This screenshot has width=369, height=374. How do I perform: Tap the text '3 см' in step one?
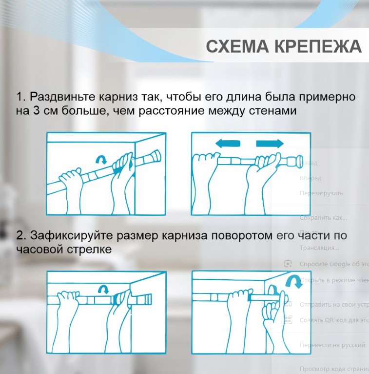[x=46, y=110]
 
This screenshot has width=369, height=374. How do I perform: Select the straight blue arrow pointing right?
[x=270, y=144]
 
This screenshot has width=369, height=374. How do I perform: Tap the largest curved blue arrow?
[x=292, y=280]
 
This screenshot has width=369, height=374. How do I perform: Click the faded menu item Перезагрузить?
[x=321, y=193]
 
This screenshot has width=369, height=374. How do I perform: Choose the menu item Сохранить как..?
[x=323, y=218]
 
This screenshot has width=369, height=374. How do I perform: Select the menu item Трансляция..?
[x=319, y=248]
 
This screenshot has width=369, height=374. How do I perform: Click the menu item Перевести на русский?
[x=332, y=345]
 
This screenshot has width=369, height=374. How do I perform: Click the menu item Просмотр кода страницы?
[x=333, y=369]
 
